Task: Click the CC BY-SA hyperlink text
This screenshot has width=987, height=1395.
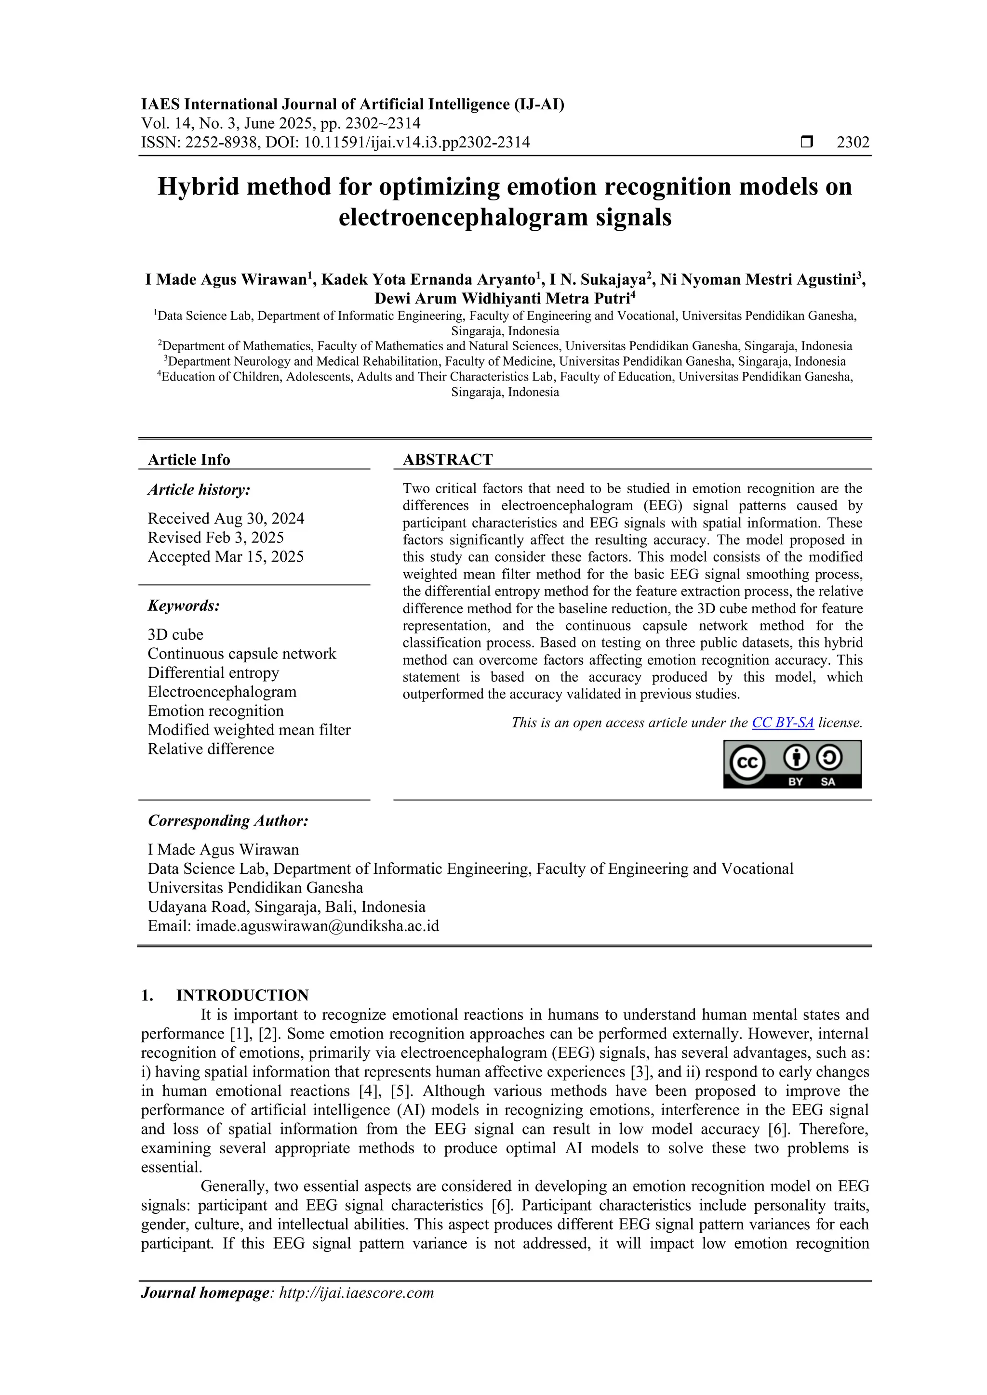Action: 782,723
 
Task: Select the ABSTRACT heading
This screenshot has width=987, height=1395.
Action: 447,460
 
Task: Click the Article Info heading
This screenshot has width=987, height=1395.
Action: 189,460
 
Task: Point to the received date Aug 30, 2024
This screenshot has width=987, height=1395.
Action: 226,518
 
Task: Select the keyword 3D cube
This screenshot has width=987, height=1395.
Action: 175,634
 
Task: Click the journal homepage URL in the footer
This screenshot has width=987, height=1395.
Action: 356,1292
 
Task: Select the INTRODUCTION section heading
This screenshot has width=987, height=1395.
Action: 242,995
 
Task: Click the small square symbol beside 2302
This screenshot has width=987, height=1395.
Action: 806,142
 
